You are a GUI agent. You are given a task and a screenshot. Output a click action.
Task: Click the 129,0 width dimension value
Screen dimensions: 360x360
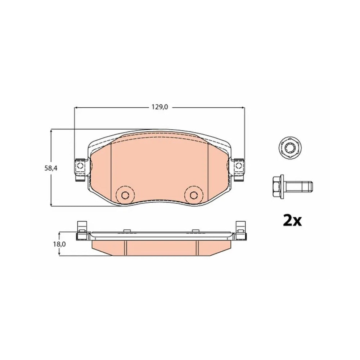click(x=160, y=107)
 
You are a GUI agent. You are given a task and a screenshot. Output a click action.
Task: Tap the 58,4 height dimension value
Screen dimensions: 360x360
click(x=51, y=168)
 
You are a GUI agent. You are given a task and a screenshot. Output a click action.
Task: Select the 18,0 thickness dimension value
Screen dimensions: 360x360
click(x=59, y=244)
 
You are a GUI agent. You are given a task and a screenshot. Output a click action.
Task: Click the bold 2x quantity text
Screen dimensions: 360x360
click(x=292, y=220)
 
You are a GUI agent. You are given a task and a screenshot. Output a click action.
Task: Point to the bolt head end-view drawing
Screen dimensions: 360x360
click(x=290, y=147)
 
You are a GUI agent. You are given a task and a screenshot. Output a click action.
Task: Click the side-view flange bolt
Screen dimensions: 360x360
click(x=293, y=186)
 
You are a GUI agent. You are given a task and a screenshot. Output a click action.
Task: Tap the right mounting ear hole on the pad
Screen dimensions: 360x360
click(x=239, y=166)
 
